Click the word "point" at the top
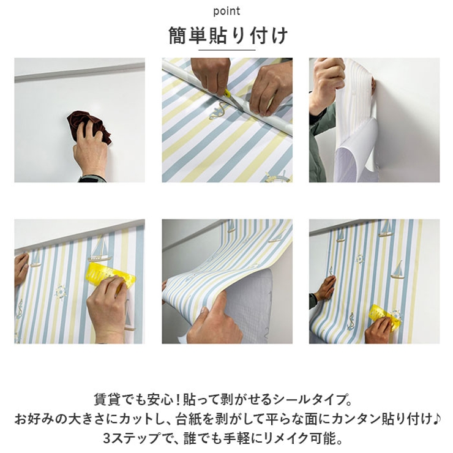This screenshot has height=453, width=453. pos(226,12)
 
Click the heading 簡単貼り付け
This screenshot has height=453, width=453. pos(228,36)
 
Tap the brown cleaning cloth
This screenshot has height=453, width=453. pos(89,126)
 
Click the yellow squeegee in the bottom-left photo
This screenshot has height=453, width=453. pos(110,276)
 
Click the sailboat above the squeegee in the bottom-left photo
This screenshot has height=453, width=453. pos(99,249)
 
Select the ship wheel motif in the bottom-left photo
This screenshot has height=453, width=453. pos(61,292)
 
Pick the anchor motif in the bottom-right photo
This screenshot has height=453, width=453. pos(351,321)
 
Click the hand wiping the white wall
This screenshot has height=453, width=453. pos(91,150)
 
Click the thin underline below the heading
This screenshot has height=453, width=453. pos(226,50)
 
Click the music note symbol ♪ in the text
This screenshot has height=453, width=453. pos(437,419)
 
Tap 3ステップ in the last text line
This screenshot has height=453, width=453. pos(131,438)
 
